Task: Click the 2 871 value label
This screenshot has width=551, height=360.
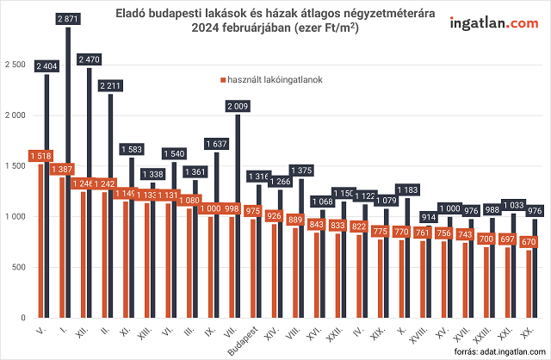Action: click(68, 18)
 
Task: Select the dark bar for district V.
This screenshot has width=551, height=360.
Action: click(47, 198)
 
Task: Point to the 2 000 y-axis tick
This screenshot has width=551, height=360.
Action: click(15, 115)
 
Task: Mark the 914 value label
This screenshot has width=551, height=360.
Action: click(430, 217)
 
